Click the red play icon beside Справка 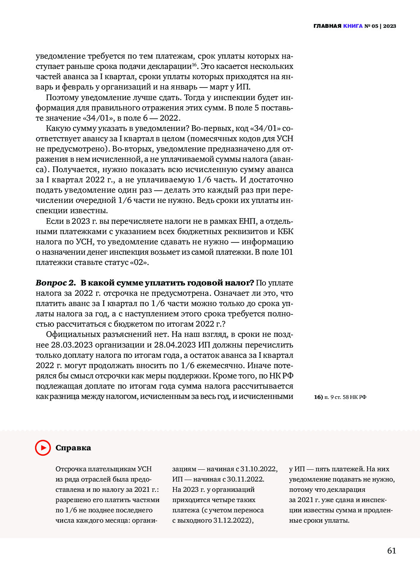point(43,448)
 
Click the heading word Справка point(73,448)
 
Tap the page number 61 point(391,551)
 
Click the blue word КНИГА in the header point(353,26)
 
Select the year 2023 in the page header point(390,26)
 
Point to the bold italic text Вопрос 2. point(56,283)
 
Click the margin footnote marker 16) point(318,397)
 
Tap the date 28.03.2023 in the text point(72,345)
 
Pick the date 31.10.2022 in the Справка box point(259,469)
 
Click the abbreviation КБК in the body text point(285,231)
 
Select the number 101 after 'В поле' point(286,252)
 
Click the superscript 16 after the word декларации point(194,65)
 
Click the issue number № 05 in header point(371,26)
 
